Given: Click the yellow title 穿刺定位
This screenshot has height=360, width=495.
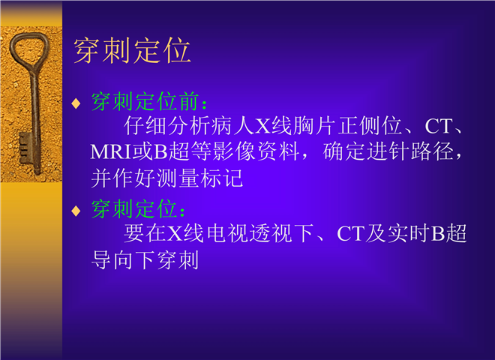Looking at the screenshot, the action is [132, 50].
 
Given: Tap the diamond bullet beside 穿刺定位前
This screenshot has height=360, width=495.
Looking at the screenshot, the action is [76, 103].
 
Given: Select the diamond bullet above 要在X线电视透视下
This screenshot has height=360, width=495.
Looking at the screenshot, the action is [76, 211].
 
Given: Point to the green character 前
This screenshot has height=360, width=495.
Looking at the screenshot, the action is [189, 102].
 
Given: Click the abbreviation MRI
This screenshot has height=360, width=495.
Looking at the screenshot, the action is [110, 152].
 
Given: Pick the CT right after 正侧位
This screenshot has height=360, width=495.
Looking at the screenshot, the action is [438, 126].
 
